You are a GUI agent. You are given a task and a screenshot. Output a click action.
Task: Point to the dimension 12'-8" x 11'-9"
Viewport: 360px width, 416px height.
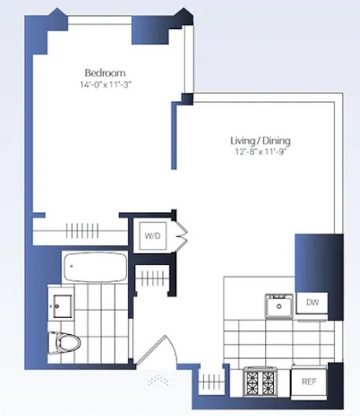tap(259, 153)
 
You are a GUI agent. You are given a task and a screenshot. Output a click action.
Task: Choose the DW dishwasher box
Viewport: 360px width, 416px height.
tap(311, 303)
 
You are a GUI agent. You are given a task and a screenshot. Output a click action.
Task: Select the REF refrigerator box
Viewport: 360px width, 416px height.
tap(309, 382)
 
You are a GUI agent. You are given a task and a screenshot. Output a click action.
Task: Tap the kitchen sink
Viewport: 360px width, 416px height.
tap(278, 306)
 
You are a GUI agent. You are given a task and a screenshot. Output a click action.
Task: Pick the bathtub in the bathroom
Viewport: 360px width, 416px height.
tap(95, 267)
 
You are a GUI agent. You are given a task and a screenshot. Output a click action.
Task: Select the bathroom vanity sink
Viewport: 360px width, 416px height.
tap(61, 304)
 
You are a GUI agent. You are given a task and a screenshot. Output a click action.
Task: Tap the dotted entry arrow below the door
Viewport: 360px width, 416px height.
tap(157, 376)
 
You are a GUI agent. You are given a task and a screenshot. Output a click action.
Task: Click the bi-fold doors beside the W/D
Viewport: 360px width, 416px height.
tap(182, 235)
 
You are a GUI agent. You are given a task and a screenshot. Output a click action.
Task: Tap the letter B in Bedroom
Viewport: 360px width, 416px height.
tap(87, 72)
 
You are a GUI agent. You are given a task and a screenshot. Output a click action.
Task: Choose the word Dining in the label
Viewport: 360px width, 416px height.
tap(277, 141)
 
